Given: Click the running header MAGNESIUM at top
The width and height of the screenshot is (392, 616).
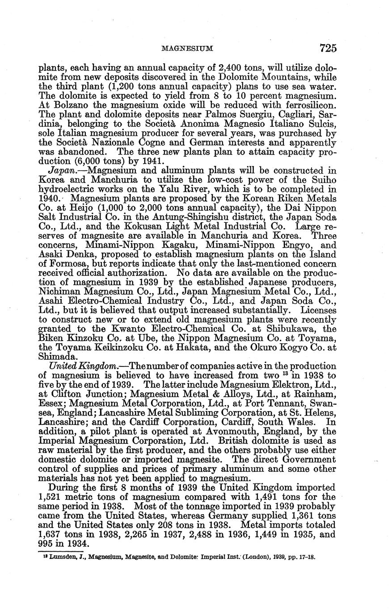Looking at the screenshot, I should (186, 48).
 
